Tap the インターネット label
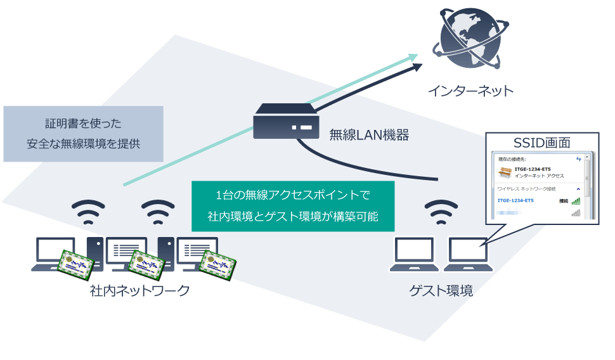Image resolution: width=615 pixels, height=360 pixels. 470,91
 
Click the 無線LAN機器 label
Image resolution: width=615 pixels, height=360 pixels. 369,135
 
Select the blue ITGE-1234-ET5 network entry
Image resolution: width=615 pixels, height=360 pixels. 515,201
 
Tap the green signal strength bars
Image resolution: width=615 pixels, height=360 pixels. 575,201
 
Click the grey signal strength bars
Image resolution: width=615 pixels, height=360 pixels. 575,213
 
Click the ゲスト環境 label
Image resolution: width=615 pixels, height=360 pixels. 441,291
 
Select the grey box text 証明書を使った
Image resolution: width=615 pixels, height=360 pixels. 83,123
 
